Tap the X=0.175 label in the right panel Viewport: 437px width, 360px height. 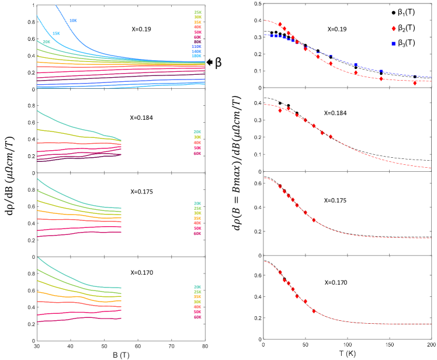(x=336, y=200)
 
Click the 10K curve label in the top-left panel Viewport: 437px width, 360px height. (x=73, y=20)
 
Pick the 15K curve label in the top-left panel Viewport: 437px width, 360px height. (x=56, y=33)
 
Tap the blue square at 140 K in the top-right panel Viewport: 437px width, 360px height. (x=381, y=72)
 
